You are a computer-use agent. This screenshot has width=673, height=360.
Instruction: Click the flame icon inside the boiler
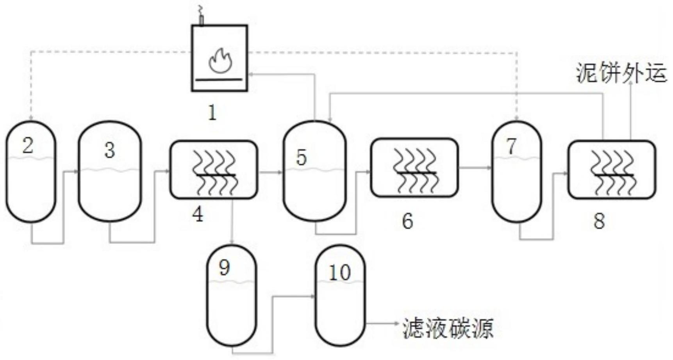click(x=220, y=61)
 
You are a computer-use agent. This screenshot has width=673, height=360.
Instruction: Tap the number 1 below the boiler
click(x=212, y=113)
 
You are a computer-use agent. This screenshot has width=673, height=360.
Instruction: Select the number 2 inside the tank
click(x=28, y=146)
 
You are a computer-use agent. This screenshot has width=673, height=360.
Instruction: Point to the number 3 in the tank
click(x=110, y=150)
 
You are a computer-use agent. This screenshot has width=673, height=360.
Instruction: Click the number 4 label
click(x=198, y=214)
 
